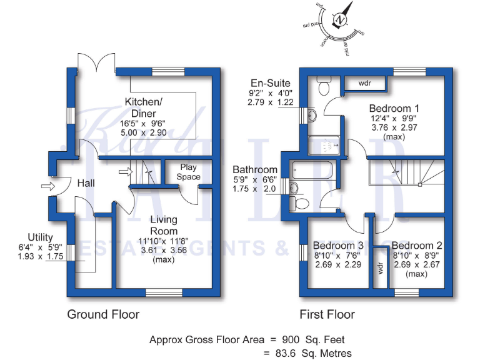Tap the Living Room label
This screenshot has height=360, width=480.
tap(163, 225)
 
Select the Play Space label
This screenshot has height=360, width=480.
tap(188, 172)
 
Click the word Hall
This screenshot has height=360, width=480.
tap(86, 183)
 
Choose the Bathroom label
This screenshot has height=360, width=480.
tap(255, 169)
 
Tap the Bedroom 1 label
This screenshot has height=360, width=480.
tap(393, 108)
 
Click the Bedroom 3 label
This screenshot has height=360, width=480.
tap(338, 245)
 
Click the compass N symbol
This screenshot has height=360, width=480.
tap(341, 20)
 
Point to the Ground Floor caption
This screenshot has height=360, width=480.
tap(103, 314)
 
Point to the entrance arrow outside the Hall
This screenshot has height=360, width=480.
tap(46, 186)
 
